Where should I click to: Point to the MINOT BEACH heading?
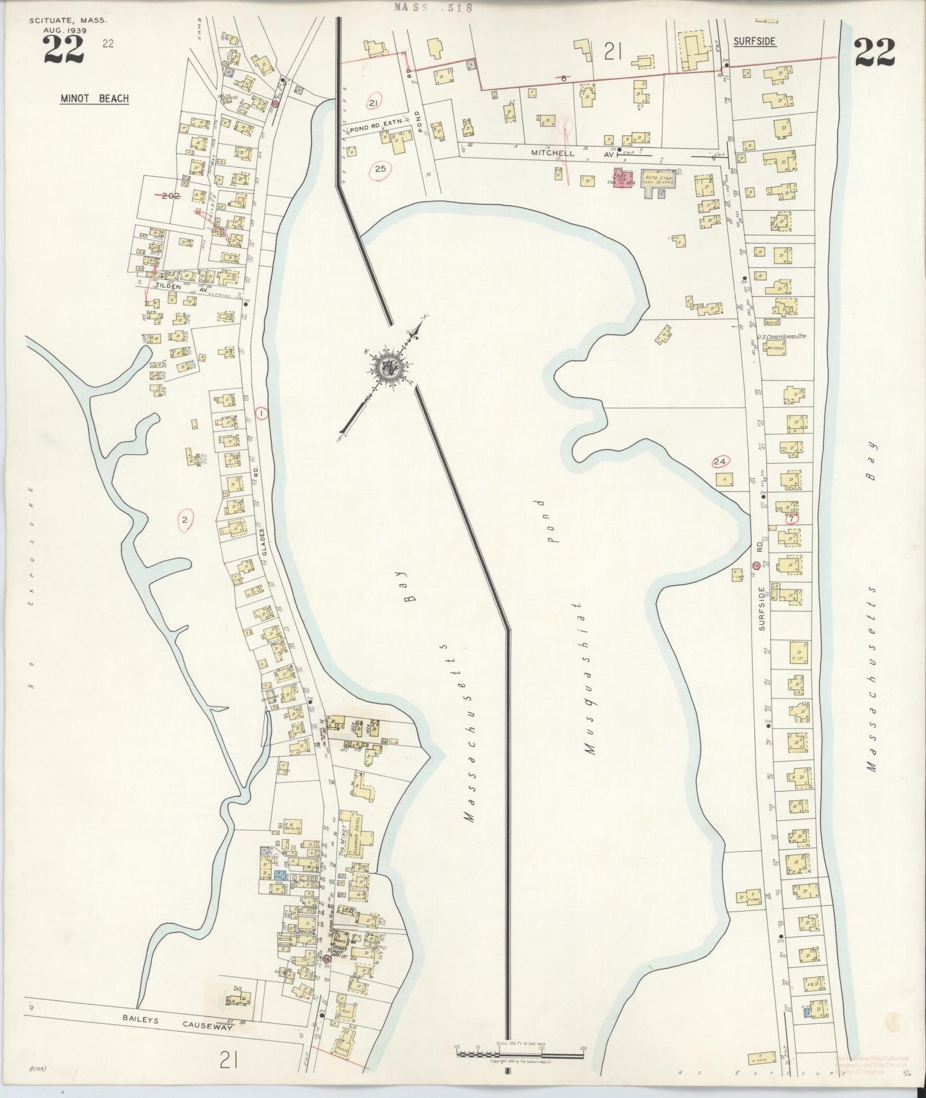click(94, 99)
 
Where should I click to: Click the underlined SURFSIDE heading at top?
click(755, 42)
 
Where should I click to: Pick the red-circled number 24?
click(720, 461)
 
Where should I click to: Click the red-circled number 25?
click(381, 169)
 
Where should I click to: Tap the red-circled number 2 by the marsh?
click(185, 520)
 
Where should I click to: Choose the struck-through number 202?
click(170, 195)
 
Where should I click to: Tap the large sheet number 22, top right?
click(874, 53)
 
